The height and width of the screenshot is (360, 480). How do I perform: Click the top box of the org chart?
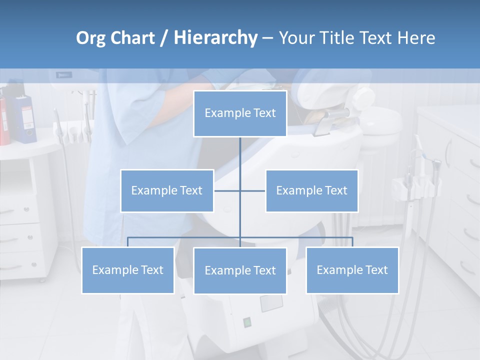click(240, 113)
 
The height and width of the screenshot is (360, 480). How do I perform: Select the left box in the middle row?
click(167, 190)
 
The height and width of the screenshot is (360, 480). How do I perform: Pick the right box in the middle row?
click(311, 190)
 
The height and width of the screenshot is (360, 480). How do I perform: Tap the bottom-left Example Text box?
click(128, 270)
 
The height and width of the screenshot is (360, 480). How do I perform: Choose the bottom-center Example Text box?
click(240, 270)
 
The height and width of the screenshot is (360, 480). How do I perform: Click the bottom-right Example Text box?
click(352, 270)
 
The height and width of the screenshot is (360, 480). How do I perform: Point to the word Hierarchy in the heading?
click(215, 38)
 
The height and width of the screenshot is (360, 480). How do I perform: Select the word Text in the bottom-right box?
click(376, 270)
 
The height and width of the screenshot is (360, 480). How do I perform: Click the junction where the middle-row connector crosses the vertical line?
click(240, 190)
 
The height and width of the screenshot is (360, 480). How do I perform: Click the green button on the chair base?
click(246, 322)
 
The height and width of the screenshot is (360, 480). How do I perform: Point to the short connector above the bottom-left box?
click(128, 242)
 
